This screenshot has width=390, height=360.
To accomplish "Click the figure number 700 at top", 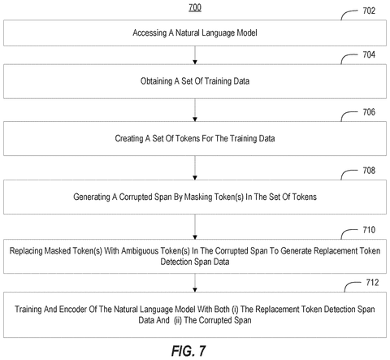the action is click(195, 7).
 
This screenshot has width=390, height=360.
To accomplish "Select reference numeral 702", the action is click(369, 11).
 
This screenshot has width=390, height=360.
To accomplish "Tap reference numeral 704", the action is click(369, 54).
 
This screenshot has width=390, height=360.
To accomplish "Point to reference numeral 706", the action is click(369, 112).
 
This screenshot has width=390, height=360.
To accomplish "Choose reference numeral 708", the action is click(369, 171).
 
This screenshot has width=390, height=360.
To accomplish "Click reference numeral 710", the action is click(369, 230).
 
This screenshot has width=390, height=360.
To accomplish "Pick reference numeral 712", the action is click(372, 283).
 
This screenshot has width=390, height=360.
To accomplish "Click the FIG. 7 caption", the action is click(188, 351).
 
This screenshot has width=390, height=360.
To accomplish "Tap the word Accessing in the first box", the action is click(149, 33).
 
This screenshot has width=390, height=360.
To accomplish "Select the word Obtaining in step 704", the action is click(156, 81).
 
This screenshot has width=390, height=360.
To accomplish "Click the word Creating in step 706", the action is click(129, 138).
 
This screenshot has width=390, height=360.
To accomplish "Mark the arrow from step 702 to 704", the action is click(195, 55).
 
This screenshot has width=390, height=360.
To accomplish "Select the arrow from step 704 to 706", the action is click(195, 110).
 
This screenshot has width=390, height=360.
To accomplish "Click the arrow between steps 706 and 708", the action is click(195, 167).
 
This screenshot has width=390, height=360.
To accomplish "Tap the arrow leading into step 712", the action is click(195, 283).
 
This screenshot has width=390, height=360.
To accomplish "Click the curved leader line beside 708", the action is click(347, 172).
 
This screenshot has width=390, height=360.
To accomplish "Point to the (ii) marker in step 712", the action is click(178, 320).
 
